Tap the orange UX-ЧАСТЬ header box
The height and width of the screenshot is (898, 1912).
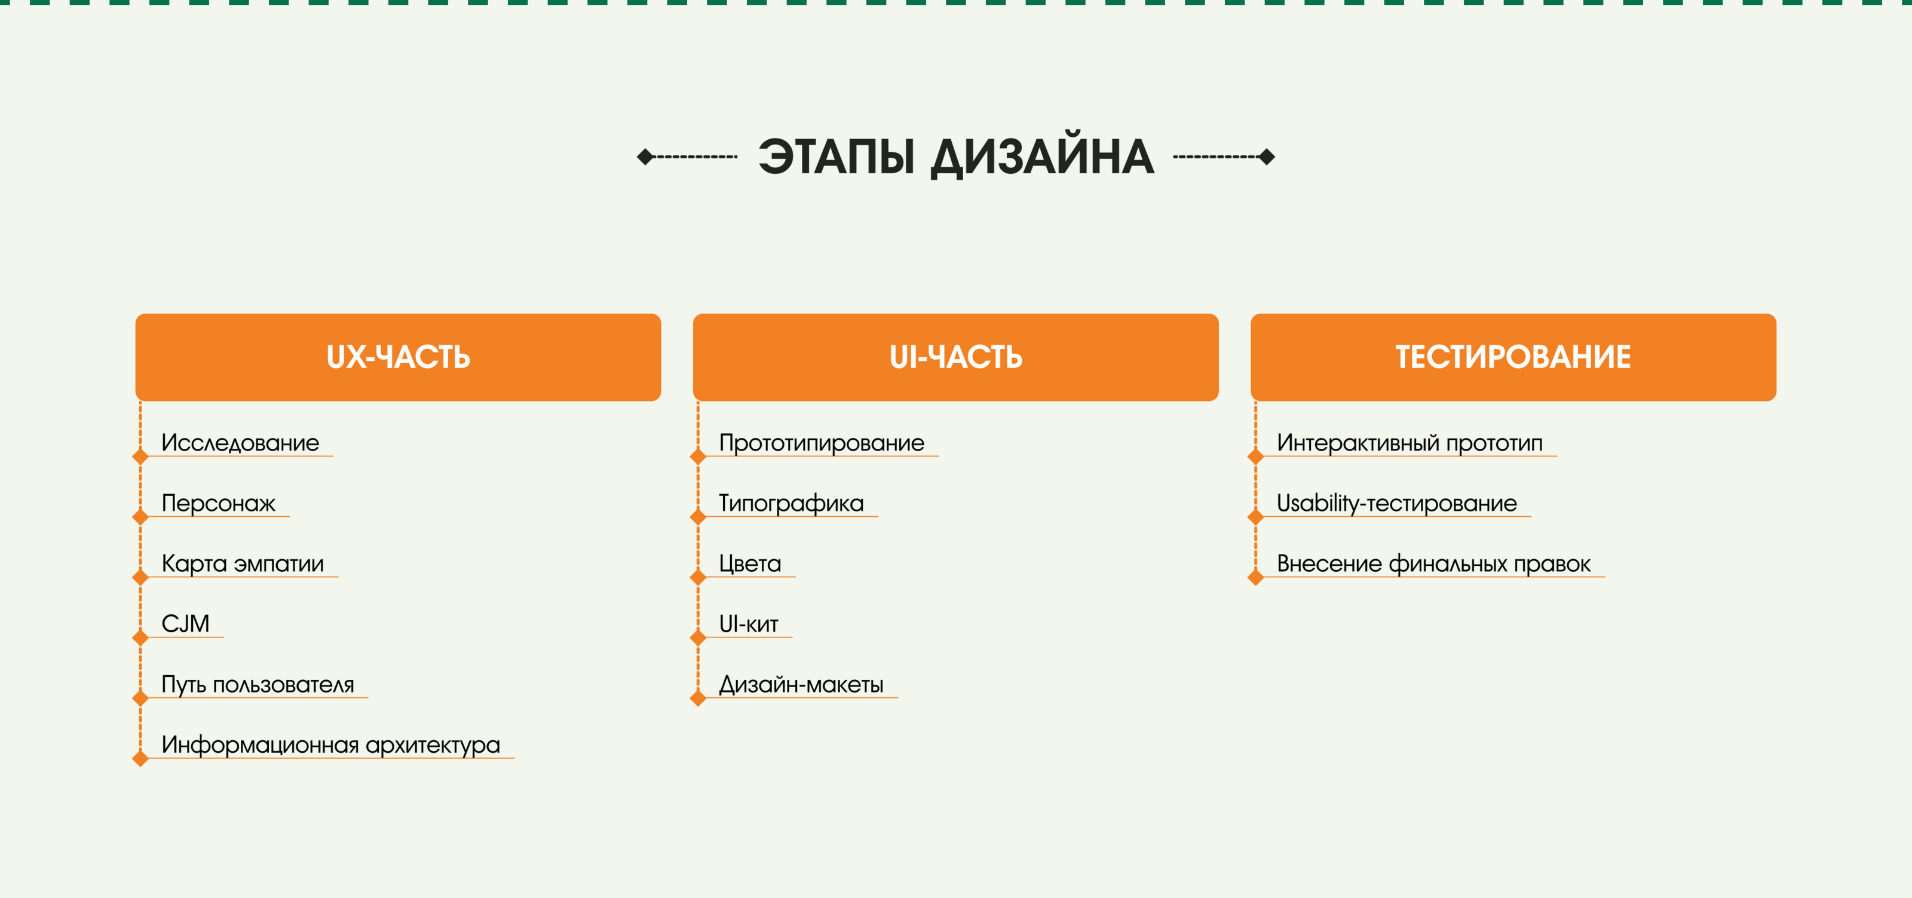click(x=398, y=357)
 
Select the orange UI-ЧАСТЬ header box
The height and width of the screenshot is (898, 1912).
click(x=955, y=357)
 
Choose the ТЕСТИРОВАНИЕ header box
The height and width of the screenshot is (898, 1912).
click(x=1513, y=357)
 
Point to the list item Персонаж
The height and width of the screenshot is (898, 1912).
click(x=218, y=503)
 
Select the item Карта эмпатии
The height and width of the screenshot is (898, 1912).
click(x=243, y=563)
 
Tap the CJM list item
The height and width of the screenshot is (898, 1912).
click(x=186, y=623)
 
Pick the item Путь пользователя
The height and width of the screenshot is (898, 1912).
click(x=258, y=684)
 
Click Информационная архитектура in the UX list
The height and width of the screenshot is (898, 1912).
click(x=330, y=744)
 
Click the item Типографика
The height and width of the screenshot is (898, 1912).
click(x=791, y=503)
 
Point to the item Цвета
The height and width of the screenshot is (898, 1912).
click(x=750, y=563)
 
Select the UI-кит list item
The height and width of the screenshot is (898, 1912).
click(x=748, y=623)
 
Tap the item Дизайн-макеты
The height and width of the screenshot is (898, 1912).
click(x=801, y=684)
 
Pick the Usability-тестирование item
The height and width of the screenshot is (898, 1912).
click(x=1397, y=503)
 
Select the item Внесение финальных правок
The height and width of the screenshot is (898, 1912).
click(x=1433, y=563)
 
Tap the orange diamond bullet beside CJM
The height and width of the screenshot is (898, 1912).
click(x=140, y=638)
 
